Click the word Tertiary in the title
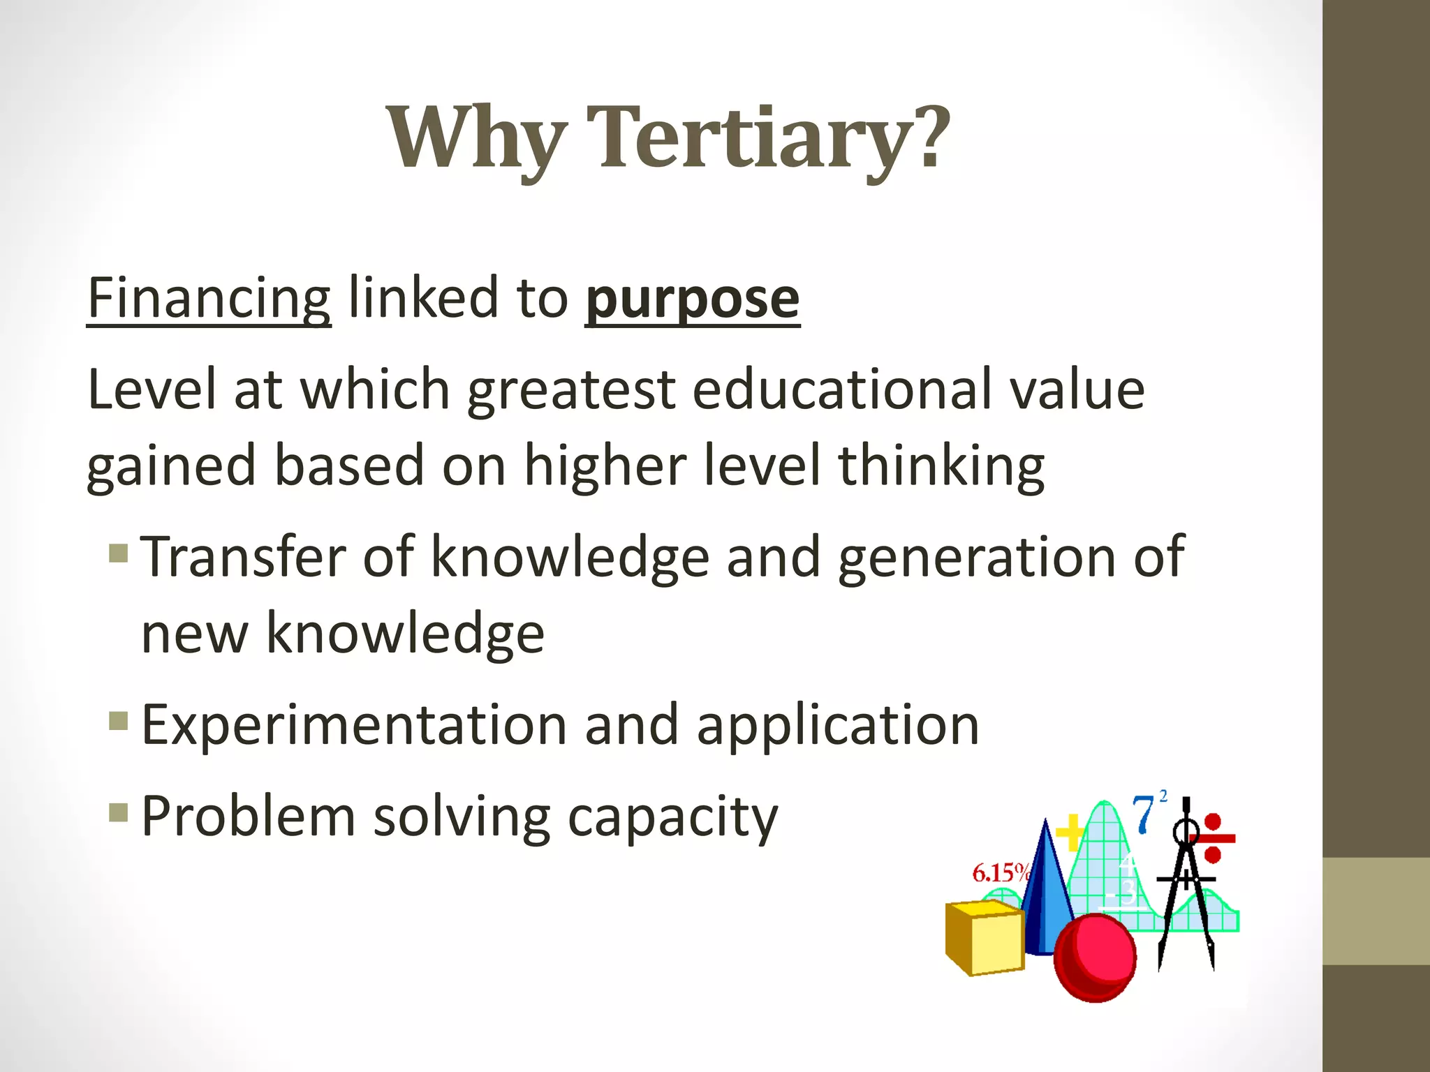[x=768, y=137]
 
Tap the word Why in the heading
[x=476, y=137]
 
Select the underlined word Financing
[x=209, y=299]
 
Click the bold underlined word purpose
[x=692, y=299]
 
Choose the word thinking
[x=941, y=466]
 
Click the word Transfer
[x=244, y=557]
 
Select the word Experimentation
[x=354, y=725]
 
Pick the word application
[x=838, y=725]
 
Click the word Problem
[x=249, y=817]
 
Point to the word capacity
[x=672, y=817]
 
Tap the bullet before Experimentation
[x=119, y=720]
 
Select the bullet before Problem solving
[x=119, y=812]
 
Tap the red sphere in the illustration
[x=1095, y=958]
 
